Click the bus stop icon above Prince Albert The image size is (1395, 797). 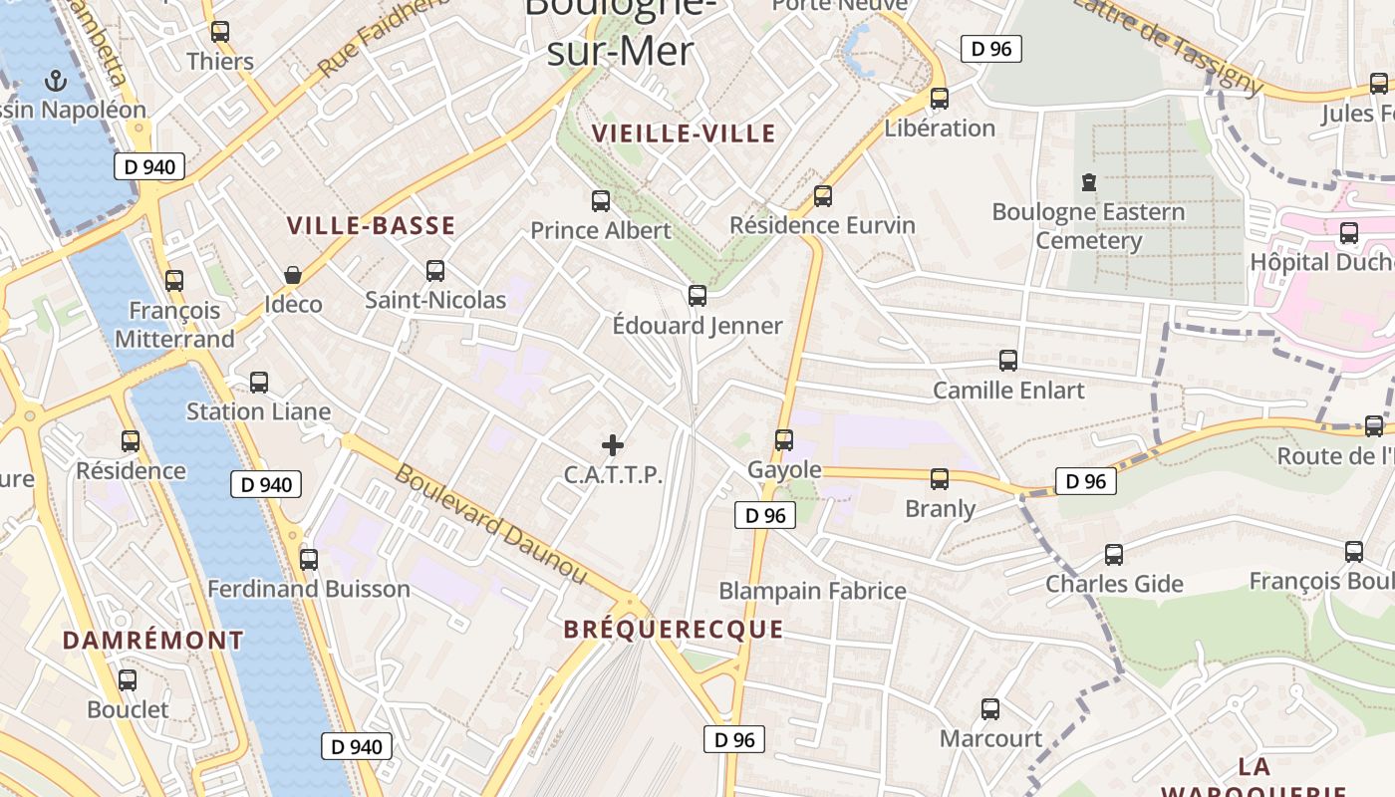click(601, 201)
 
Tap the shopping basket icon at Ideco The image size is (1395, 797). click(293, 275)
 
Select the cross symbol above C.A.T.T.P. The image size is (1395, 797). click(613, 445)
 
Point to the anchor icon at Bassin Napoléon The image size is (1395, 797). click(56, 80)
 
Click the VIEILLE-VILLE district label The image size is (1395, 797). click(684, 133)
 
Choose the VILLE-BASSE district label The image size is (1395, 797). click(371, 226)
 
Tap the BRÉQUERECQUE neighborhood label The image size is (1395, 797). click(674, 630)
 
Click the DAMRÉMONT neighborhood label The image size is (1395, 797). click(153, 640)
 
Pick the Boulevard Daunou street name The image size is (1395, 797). click(491, 523)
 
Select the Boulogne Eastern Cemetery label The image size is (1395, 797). click(1088, 226)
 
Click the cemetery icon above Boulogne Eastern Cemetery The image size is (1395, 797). click(1088, 182)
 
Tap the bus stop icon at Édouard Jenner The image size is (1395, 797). click(697, 296)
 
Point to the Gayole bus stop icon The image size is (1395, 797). click(784, 440)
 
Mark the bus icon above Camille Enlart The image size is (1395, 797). click(1008, 361)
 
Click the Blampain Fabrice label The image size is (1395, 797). click(813, 591)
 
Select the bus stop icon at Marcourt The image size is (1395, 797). click(990, 709)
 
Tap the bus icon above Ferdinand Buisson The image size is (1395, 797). click(309, 560)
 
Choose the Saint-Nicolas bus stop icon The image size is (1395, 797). click(435, 271)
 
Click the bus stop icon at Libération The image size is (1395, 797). click(940, 99)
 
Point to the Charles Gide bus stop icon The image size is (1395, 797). click(1114, 555)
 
